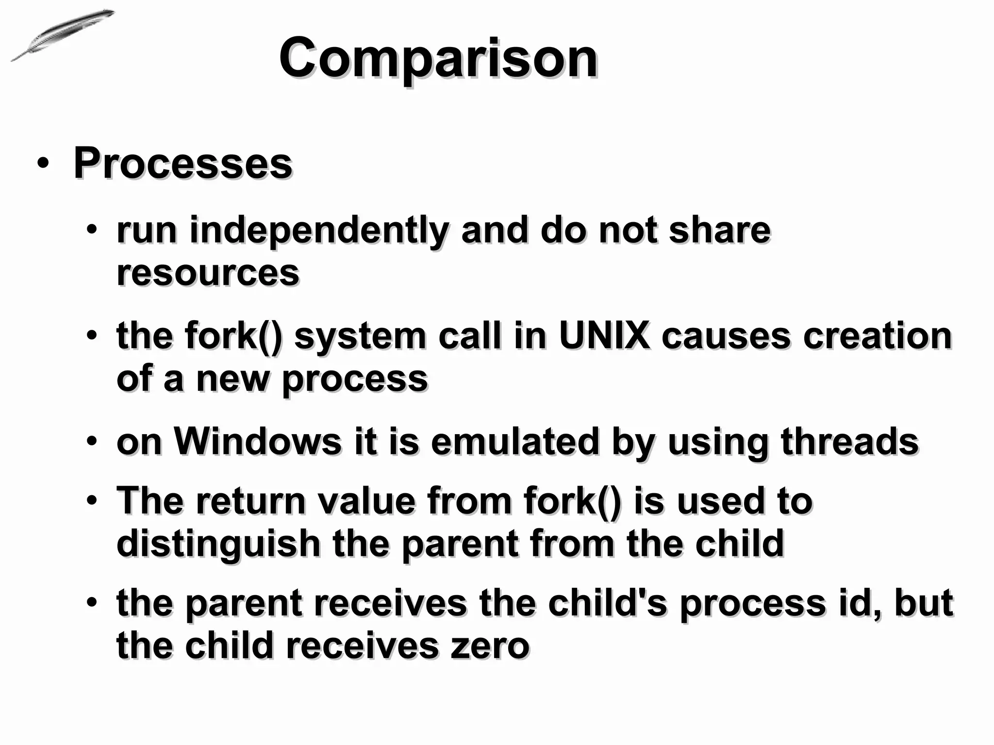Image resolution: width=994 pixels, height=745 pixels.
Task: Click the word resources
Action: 208,273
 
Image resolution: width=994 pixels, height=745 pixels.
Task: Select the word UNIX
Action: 604,336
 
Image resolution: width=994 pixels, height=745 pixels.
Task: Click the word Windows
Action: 258,442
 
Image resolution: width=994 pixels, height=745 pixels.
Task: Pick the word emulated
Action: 515,442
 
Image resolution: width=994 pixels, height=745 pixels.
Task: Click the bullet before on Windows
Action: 92,442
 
